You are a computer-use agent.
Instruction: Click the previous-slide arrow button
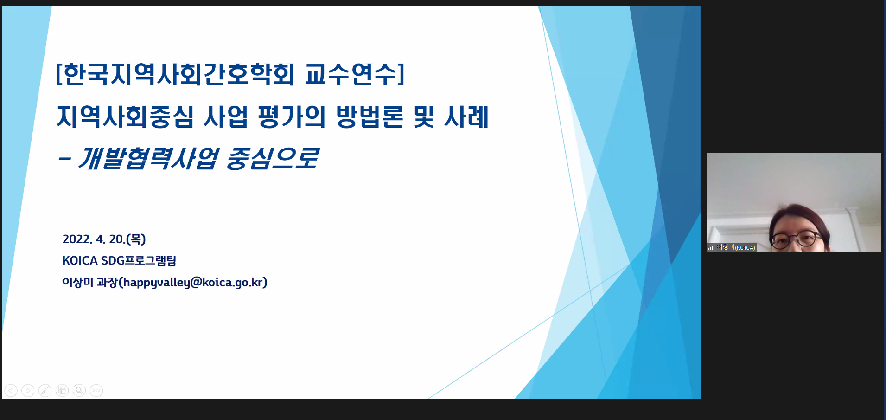tap(11, 391)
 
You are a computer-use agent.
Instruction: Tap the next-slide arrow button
tap(28, 391)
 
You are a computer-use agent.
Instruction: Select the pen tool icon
tap(45, 391)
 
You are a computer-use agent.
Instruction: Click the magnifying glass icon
tap(79, 391)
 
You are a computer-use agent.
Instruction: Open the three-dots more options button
tap(96, 391)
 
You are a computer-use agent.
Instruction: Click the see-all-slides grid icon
tap(62, 391)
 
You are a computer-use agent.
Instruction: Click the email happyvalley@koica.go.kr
tap(193, 282)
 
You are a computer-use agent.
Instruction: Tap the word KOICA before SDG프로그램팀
tap(80, 260)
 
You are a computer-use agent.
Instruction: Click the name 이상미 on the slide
tap(77, 282)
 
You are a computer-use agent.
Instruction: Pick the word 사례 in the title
tap(466, 116)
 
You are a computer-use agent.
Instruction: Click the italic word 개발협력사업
tap(147, 158)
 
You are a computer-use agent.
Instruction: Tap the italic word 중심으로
tap(273, 158)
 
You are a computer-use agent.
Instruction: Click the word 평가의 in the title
tap(292, 116)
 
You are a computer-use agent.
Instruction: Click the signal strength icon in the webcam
tap(711, 247)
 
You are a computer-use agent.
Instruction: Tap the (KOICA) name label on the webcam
tap(745, 248)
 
